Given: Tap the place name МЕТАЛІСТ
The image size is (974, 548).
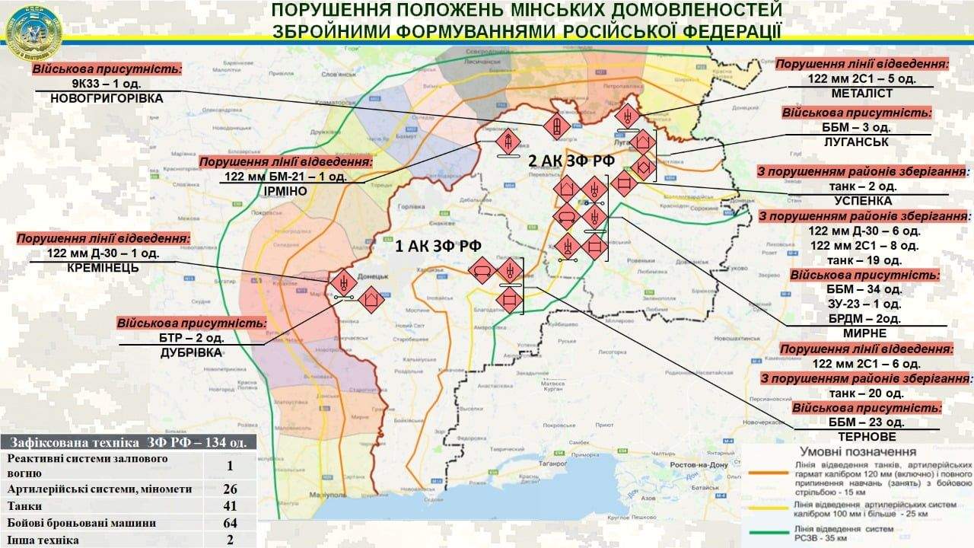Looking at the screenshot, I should (x=863, y=94).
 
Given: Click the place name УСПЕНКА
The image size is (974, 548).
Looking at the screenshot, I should (x=863, y=201).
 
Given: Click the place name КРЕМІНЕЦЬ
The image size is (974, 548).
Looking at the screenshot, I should (x=103, y=269).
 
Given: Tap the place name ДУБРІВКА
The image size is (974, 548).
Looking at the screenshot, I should (x=191, y=352).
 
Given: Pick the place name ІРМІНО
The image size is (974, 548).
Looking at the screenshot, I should (x=286, y=191).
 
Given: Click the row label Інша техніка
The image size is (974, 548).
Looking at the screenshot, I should (x=43, y=540).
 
